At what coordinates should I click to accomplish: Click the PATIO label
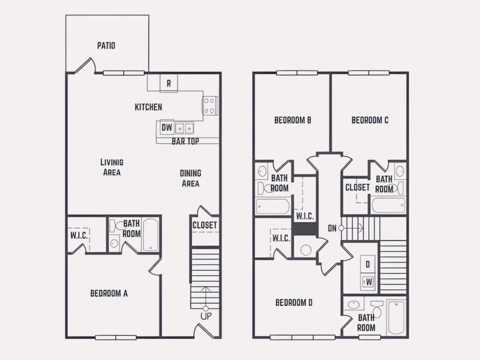point(106,46)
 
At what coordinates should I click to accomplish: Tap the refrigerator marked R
point(169,83)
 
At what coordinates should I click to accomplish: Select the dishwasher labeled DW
point(167,128)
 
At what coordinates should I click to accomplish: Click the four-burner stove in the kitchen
point(210,106)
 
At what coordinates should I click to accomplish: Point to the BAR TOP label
point(185,142)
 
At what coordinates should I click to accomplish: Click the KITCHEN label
point(148,107)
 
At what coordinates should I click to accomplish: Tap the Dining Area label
point(190,178)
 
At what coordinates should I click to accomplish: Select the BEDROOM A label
point(109,293)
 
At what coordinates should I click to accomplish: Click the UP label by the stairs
point(206,316)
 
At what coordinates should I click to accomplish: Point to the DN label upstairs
point(332,228)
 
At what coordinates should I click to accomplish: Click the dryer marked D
point(368,264)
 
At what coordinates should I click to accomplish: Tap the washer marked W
point(368,282)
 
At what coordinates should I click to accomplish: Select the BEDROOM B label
point(292,120)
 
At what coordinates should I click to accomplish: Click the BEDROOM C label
point(370,120)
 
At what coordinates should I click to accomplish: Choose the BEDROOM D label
point(294,303)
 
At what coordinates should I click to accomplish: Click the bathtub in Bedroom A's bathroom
point(151,235)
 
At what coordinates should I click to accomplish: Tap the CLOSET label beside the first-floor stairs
point(205,225)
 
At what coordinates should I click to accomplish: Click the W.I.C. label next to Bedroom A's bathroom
point(79,236)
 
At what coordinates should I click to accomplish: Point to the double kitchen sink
point(184,128)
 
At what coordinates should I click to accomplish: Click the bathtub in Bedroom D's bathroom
point(396,318)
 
